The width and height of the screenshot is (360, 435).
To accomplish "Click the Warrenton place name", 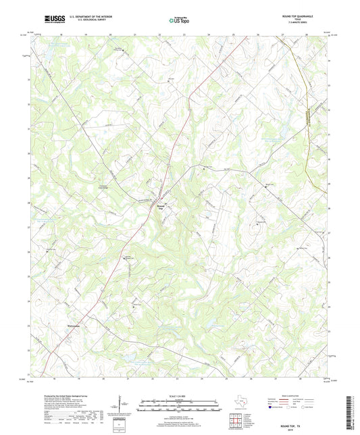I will (x=76, y=326).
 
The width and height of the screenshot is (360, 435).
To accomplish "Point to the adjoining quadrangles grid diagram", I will (x=234, y=421).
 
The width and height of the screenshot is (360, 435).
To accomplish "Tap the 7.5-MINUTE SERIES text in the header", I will (x=309, y=25).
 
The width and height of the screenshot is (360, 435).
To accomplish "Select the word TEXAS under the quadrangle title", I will (x=308, y=22).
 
